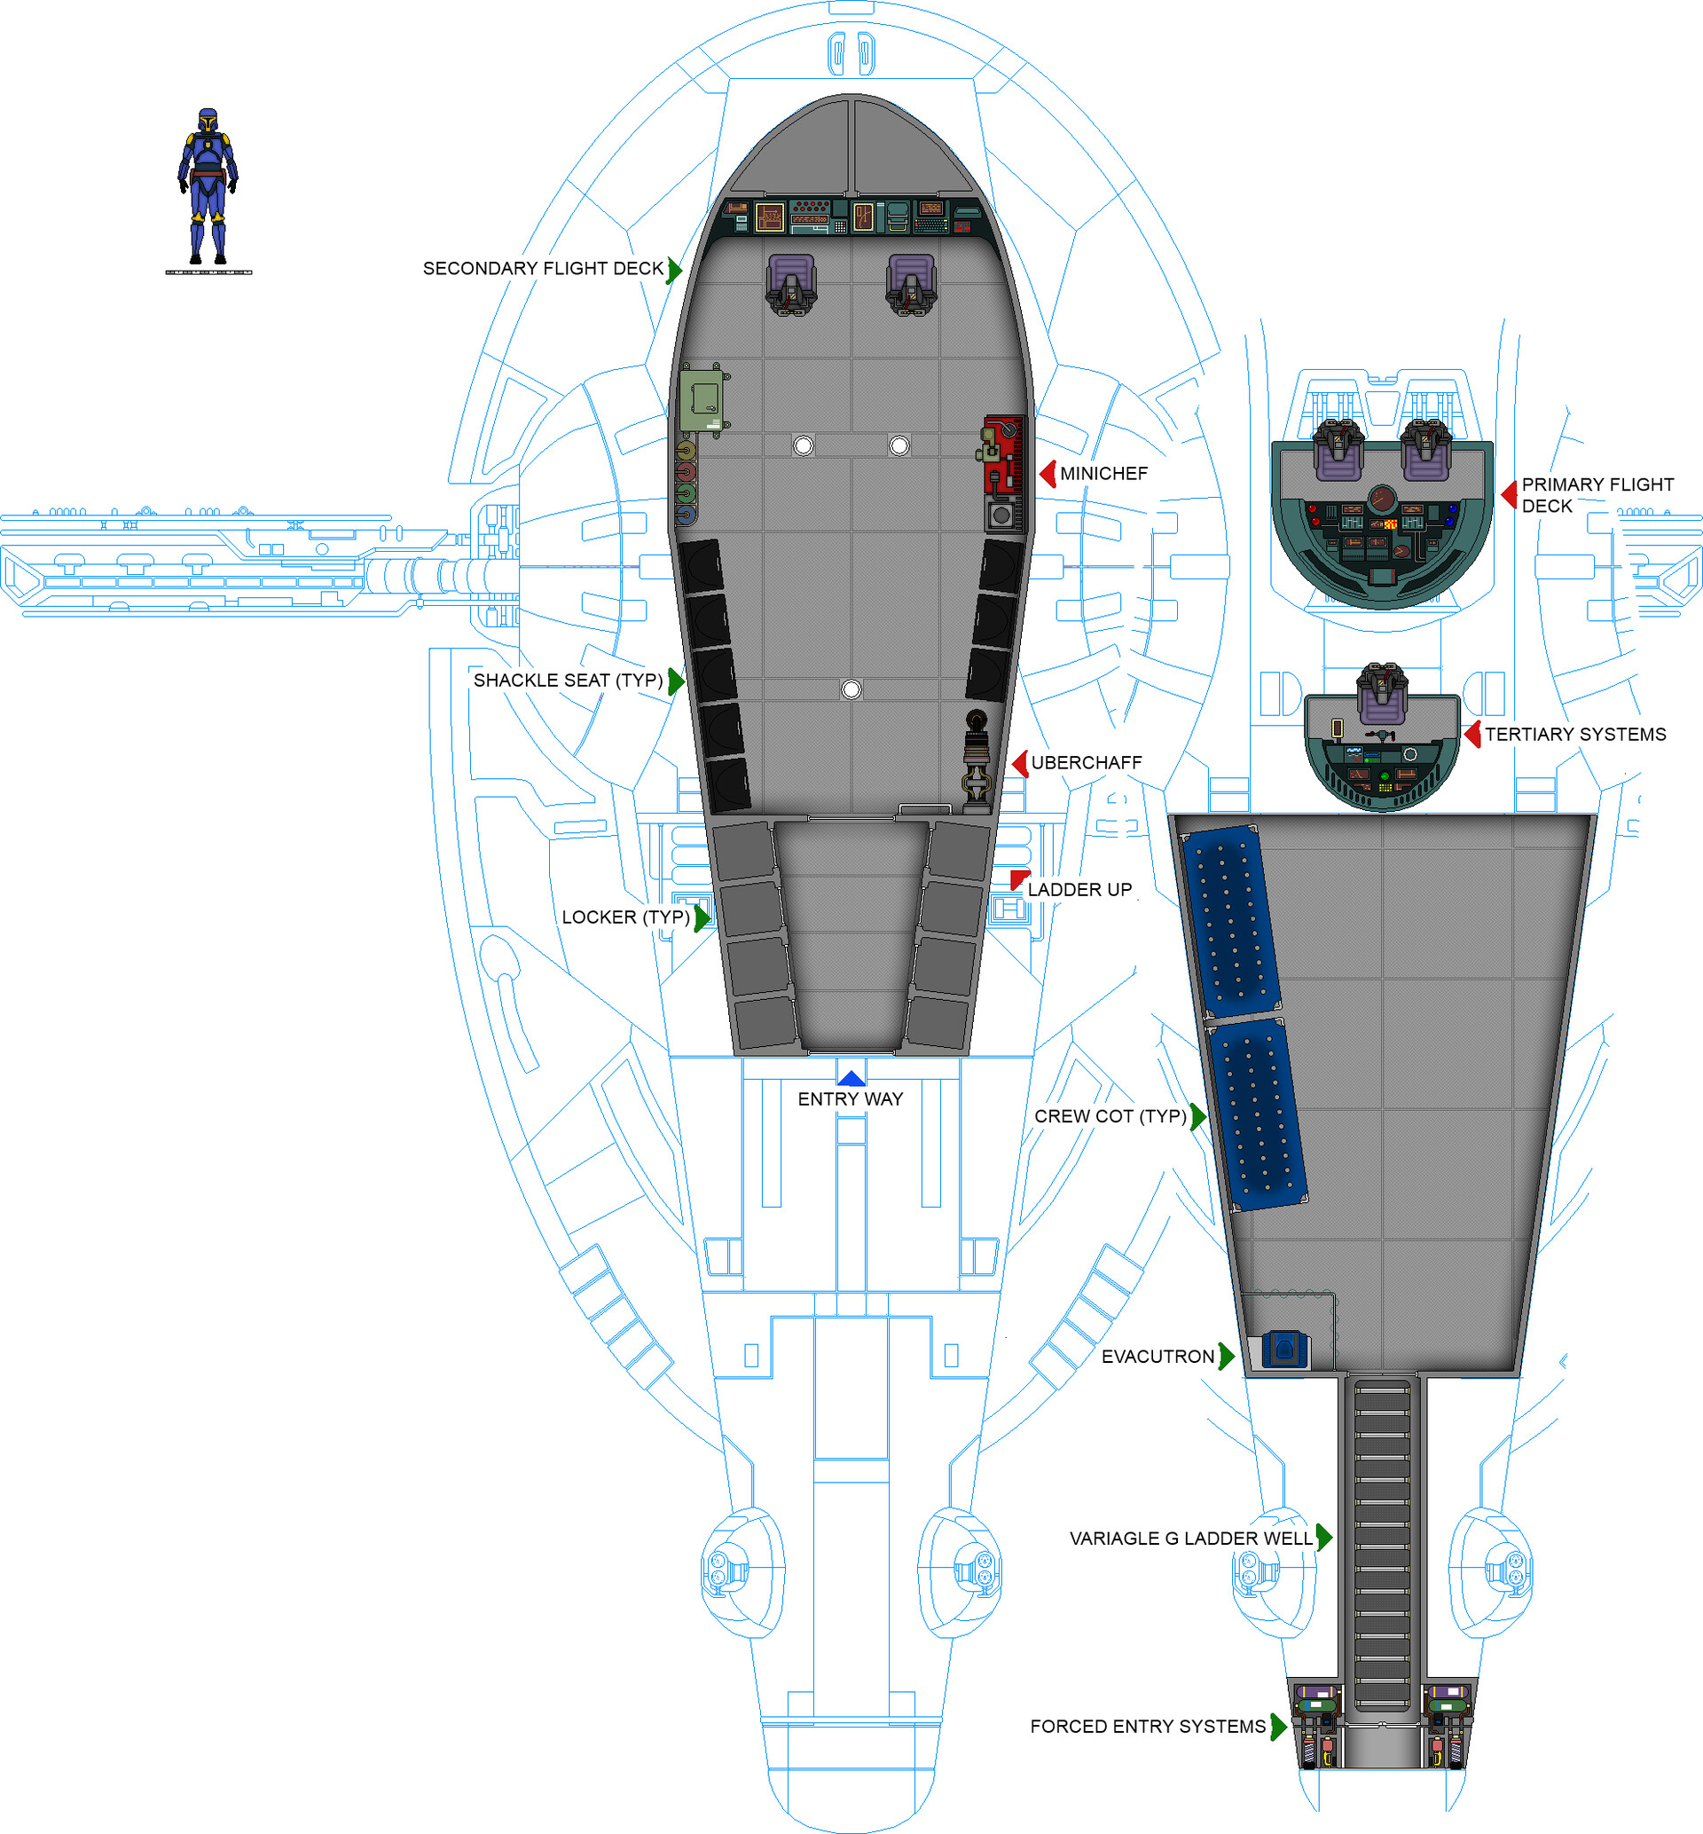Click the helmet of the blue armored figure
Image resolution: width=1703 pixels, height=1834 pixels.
(x=208, y=121)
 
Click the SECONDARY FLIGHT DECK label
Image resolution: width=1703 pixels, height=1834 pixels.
(x=543, y=268)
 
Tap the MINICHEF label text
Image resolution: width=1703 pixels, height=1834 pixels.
(x=1103, y=474)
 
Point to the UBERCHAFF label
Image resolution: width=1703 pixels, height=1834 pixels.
(x=1086, y=763)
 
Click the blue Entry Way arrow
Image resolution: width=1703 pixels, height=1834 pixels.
(x=851, y=1078)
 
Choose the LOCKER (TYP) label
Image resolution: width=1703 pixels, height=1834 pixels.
(x=625, y=917)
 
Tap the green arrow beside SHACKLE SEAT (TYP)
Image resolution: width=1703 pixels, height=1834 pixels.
(x=677, y=681)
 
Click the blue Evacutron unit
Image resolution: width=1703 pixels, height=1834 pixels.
(x=1283, y=1350)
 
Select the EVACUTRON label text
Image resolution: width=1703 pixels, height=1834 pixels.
(x=1158, y=1357)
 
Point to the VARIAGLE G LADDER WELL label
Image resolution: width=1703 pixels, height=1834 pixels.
(x=1190, y=1539)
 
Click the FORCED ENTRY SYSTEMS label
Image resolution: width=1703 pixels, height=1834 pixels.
(x=1148, y=1726)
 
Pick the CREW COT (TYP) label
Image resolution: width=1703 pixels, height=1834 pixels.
(x=1110, y=1116)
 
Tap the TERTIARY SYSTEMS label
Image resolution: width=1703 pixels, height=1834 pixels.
(x=1575, y=735)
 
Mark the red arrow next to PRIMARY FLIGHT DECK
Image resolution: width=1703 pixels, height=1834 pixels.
(x=1510, y=495)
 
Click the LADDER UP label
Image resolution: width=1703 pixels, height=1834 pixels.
(x=1079, y=889)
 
